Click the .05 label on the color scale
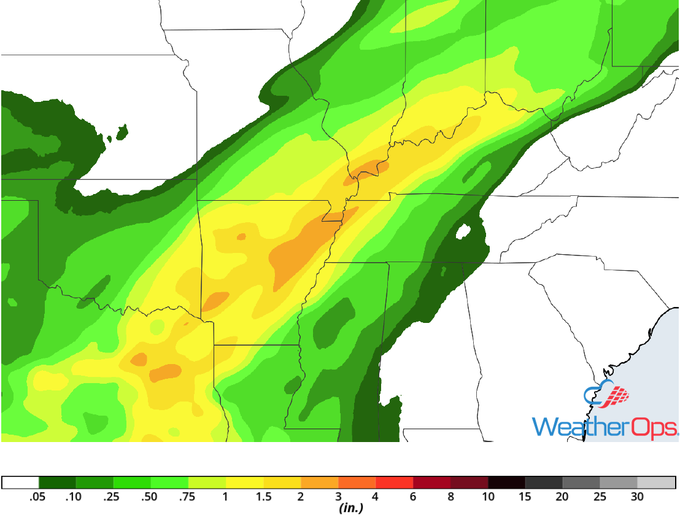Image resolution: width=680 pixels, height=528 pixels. (x=38, y=497)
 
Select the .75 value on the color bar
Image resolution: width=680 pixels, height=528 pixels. (x=187, y=497)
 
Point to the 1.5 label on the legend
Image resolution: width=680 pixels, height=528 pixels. (x=263, y=497)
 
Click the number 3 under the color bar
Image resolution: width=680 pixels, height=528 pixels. (x=338, y=497)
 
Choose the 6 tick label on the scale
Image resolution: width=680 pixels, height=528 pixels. (x=413, y=497)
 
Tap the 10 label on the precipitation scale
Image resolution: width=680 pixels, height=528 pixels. (x=488, y=497)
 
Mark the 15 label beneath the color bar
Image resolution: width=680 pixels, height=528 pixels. (x=525, y=497)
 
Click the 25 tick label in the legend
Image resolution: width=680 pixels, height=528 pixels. (x=600, y=497)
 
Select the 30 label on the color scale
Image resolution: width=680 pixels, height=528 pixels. (x=638, y=497)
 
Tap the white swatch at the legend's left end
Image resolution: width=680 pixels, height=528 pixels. (x=20, y=482)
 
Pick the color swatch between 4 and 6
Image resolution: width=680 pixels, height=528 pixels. (x=395, y=482)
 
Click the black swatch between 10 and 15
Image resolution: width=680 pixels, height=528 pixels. (x=507, y=482)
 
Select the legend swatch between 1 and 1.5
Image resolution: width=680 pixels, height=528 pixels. (x=245, y=482)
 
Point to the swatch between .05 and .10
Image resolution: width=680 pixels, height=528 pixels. (x=57, y=482)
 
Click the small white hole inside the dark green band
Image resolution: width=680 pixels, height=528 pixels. (x=463, y=232)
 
